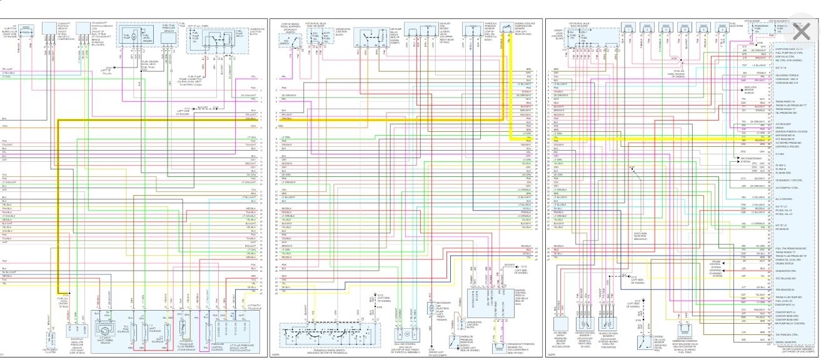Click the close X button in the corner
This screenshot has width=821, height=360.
pos(800,31)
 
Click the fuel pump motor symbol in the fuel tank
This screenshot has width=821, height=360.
pos(133,38)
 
